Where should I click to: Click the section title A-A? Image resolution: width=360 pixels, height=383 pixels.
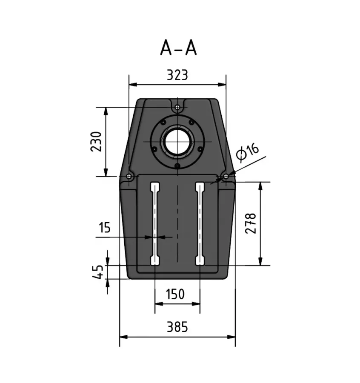point(178,48)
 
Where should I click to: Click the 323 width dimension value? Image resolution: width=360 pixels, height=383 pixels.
point(177,75)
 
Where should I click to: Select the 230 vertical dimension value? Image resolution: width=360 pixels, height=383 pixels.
point(96,141)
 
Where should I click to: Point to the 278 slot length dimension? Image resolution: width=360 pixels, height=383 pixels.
point(251,223)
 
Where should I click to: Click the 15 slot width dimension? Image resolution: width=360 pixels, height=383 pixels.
point(104,227)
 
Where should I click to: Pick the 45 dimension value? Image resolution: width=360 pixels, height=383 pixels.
point(98,272)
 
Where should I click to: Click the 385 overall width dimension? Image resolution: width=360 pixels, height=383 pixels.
point(177,327)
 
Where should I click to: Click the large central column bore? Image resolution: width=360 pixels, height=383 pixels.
point(177,141)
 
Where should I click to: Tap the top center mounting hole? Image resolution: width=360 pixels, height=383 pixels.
point(177,107)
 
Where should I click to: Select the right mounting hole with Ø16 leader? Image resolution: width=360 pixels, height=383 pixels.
point(226,176)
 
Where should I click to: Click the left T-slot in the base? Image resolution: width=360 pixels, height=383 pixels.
point(155,223)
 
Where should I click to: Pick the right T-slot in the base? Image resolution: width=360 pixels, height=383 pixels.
point(200,223)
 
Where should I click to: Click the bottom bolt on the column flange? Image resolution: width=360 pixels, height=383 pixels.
point(177,166)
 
